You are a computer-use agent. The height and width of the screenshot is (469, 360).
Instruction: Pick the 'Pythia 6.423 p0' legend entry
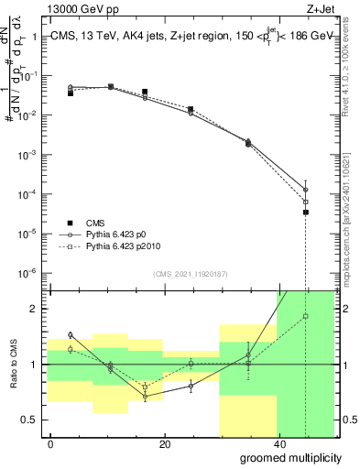(120, 234)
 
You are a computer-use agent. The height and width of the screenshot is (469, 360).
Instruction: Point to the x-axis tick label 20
(164, 444)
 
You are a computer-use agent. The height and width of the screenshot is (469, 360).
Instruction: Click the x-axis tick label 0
(51, 444)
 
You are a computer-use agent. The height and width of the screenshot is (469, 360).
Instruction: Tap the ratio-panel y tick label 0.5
(31, 420)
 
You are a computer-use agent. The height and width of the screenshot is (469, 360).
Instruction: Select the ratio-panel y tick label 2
(35, 309)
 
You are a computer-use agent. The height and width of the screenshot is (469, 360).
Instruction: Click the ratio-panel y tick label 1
(35, 365)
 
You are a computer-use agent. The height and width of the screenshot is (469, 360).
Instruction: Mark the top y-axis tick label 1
(35, 38)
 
